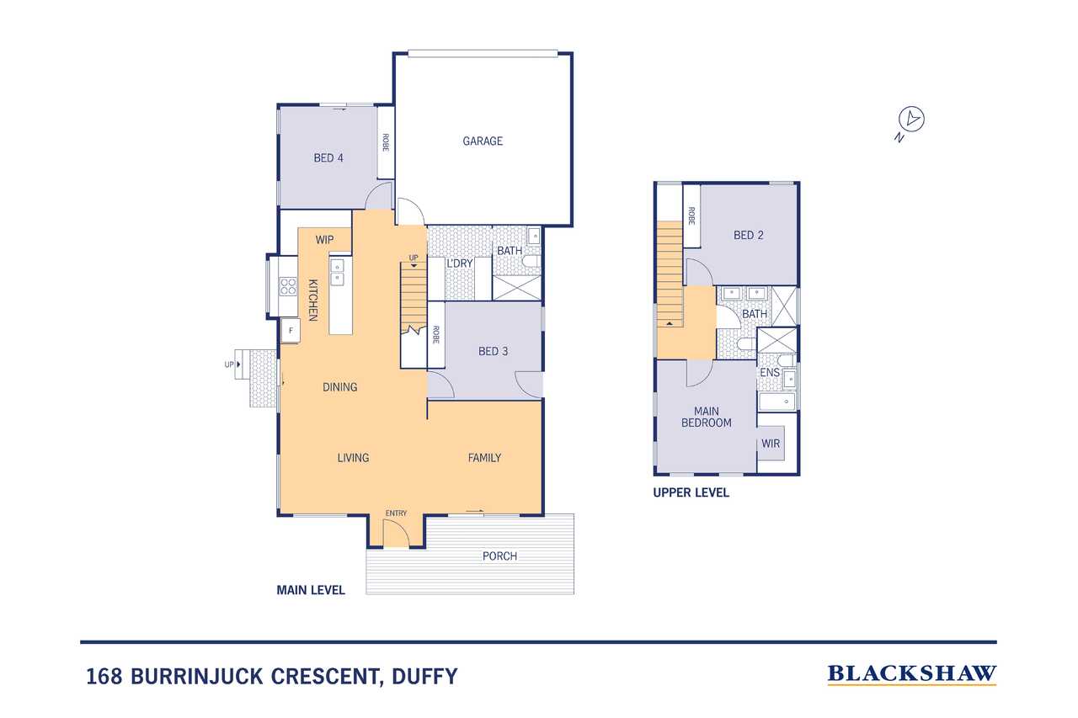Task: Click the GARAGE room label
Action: pyautogui.click(x=483, y=141)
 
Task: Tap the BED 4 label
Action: pyautogui.click(x=328, y=157)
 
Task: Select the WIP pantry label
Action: pyautogui.click(x=325, y=240)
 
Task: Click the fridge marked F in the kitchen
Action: pyautogui.click(x=291, y=330)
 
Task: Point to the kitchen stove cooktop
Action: pyautogui.click(x=288, y=286)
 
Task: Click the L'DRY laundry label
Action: pyautogui.click(x=459, y=263)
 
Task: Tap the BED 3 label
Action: pyautogui.click(x=493, y=351)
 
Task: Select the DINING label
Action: pyautogui.click(x=339, y=387)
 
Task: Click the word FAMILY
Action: pyautogui.click(x=484, y=458)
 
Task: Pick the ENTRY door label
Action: pyautogui.click(x=396, y=513)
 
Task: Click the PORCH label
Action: pyautogui.click(x=499, y=556)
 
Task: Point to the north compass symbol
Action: pyautogui.click(x=911, y=120)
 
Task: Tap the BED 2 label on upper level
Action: pyautogui.click(x=748, y=235)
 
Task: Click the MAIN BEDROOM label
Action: pyautogui.click(x=706, y=417)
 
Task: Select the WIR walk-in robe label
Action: pyautogui.click(x=770, y=444)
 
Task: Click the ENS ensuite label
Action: pyautogui.click(x=769, y=372)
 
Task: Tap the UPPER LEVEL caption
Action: pyautogui.click(x=691, y=493)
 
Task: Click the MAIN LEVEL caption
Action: pyautogui.click(x=311, y=590)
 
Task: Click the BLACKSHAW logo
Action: pyautogui.click(x=911, y=673)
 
